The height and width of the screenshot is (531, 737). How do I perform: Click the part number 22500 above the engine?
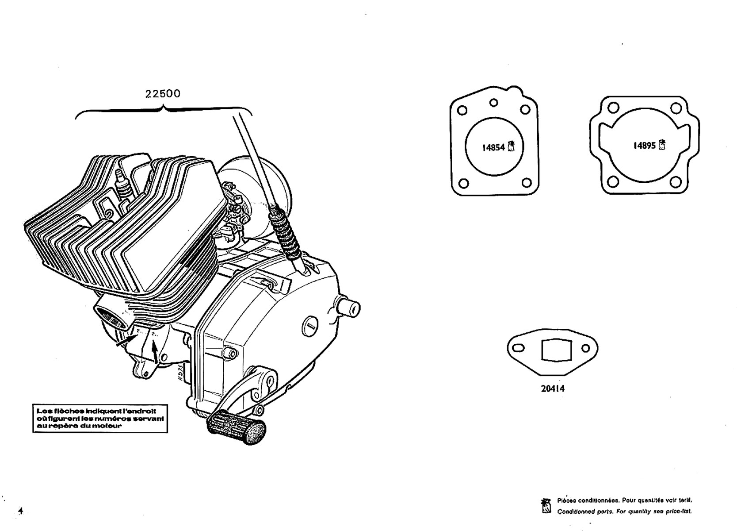pyautogui.click(x=163, y=94)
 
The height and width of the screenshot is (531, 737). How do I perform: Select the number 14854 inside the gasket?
pyautogui.click(x=493, y=147)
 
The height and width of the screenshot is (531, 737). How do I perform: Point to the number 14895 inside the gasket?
pyautogui.click(x=645, y=146)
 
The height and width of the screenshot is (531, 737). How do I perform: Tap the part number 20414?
pyautogui.click(x=553, y=389)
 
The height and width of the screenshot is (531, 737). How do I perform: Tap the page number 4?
pyautogui.click(x=20, y=510)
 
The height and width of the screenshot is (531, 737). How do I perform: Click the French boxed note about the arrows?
pyautogui.click(x=100, y=418)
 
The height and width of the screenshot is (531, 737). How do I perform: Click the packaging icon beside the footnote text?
pyautogui.click(x=546, y=506)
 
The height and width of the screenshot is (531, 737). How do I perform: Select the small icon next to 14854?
pyautogui.click(x=512, y=146)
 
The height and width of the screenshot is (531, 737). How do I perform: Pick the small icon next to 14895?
pyautogui.click(x=662, y=145)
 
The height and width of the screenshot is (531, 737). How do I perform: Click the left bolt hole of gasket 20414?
pyautogui.click(x=519, y=348)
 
